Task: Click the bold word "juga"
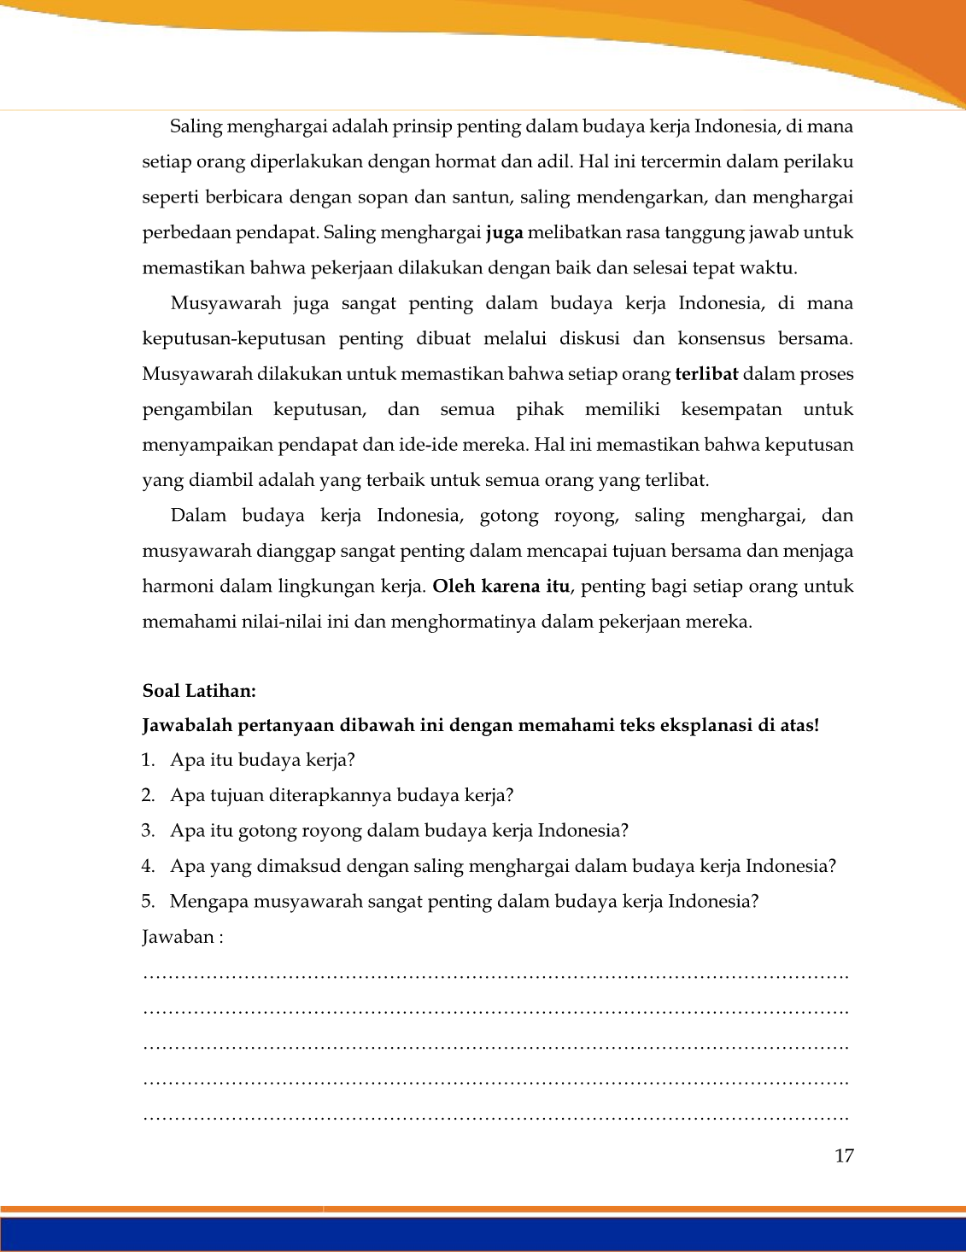[504, 233]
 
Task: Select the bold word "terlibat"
[705, 374]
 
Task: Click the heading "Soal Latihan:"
[199, 691]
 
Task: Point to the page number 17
[844, 1156]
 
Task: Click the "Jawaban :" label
[183, 937]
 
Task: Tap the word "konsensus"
[721, 339]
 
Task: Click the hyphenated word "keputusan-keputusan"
[233, 339]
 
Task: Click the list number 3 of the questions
[148, 831]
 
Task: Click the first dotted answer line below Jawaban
[495, 975]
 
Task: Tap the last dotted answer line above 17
[495, 1117]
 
